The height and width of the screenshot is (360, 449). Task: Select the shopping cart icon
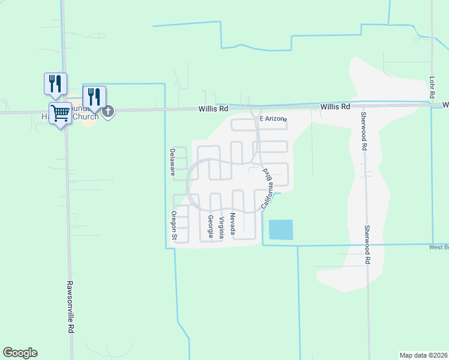click(60, 112)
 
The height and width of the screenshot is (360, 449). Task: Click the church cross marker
click(108, 111)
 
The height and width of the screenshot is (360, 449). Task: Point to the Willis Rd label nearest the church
click(214, 109)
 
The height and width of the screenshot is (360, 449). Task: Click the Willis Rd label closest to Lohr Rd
click(335, 106)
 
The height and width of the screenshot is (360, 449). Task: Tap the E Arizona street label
click(273, 119)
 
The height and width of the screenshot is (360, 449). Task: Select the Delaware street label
click(172, 162)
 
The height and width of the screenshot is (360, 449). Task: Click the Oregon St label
click(173, 226)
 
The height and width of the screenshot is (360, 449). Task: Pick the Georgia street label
click(211, 227)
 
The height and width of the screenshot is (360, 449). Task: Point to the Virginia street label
click(221, 227)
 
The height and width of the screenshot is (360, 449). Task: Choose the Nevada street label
click(232, 223)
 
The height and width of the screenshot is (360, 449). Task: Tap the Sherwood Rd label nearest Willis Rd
click(363, 131)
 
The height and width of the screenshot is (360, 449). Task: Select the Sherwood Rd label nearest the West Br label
click(367, 244)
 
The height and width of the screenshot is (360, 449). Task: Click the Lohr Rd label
click(432, 88)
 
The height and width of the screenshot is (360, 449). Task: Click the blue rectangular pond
click(281, 230)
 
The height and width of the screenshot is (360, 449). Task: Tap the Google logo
click(20, 353)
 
